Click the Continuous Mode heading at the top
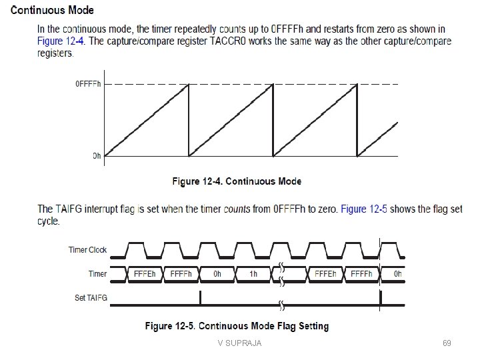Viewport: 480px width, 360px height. (52, 11)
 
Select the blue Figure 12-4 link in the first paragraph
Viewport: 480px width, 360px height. (60, 41)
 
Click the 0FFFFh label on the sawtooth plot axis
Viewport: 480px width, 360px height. (88, 85)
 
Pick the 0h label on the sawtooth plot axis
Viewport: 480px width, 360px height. (97, 156)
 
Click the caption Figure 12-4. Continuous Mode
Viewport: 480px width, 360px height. (237, 181)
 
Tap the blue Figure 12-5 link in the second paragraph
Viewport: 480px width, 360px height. (364, 209)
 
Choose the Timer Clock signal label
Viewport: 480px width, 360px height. (87, 250)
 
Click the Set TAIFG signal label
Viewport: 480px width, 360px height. (90, 298)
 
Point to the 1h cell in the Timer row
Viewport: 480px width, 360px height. (253, 273)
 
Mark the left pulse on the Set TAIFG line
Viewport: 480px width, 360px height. (200, 298)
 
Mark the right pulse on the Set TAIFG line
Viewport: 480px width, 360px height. (380, 298)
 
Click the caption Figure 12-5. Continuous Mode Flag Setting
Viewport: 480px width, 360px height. (237, 326)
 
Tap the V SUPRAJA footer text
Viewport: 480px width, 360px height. (239, 343)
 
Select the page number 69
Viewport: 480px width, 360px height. (447, 343)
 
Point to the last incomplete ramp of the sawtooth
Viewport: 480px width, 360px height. (379, 139)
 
